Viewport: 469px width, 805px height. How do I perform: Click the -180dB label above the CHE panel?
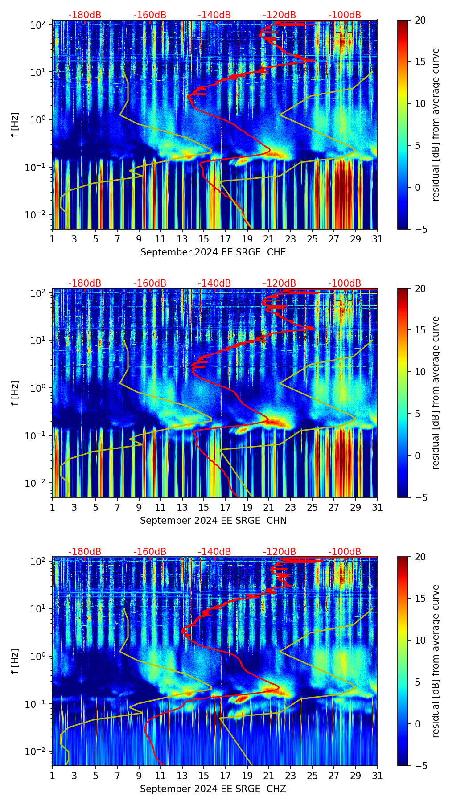[x=85, y=15]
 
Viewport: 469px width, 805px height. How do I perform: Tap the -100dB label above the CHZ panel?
[x=345, y=552]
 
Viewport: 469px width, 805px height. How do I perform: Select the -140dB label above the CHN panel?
[x=214, y=283]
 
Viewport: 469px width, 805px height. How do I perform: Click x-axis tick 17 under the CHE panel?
[x=225, y=239]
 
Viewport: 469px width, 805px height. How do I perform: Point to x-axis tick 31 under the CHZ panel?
[x=377, y=776]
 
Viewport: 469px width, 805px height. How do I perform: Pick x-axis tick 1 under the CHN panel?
[x=52, y=508]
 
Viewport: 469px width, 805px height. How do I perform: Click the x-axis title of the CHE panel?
[x=213, y=252]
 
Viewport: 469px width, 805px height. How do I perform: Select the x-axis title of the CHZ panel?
[x=213, y=789]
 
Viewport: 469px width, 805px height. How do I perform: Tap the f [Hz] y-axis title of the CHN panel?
[x=15, y=393]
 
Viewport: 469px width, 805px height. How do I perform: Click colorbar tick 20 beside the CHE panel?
[x=420, y=20]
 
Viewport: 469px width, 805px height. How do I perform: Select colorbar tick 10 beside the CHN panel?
[x=420, y=372]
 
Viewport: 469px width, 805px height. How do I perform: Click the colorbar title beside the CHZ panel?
[x=436, y=661]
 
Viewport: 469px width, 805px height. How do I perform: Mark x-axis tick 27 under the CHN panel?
[x=334, y=508]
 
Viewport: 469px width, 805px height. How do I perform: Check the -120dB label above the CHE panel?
[x=280, y=15]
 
